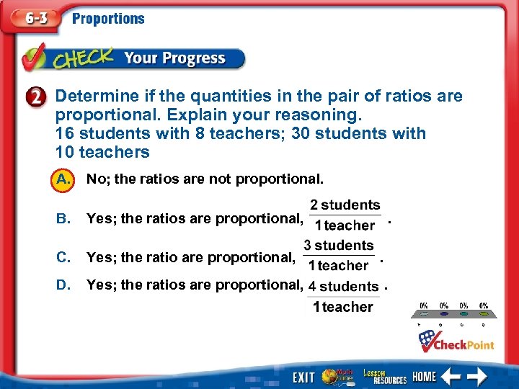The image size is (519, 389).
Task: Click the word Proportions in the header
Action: [108, 19]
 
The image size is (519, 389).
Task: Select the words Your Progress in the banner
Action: [174, 58]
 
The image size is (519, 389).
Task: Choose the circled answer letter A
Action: [63, 179]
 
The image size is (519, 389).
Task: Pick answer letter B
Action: [63, 218]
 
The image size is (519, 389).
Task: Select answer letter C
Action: [63, 257]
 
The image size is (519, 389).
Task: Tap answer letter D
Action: [63, 285]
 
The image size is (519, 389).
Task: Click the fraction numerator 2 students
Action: [345, 205]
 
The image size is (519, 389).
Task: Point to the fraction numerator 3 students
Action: [338, 246]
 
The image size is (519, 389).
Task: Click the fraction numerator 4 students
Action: [343, 286]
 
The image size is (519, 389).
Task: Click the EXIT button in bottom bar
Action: [303, 377]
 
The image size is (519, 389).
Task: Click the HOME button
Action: [424, 377]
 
